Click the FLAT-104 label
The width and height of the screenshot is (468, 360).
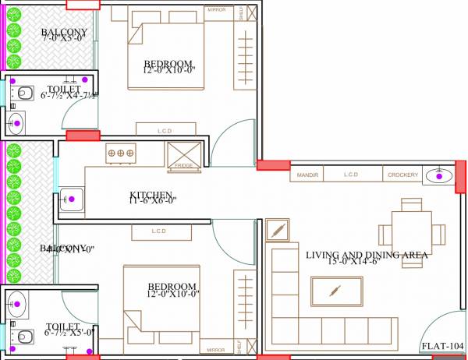[442, 345]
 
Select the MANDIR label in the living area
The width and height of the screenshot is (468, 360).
[308, 175]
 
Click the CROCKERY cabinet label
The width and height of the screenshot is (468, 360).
[402, 175]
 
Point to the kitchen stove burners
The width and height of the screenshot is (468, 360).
[121, 153]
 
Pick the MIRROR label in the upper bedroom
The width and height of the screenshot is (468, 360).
[217, 10]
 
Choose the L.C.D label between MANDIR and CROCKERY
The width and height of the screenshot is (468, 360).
[351, 175]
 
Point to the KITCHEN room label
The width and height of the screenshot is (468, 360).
[151, 194]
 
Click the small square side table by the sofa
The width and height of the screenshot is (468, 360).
[278, 231]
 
